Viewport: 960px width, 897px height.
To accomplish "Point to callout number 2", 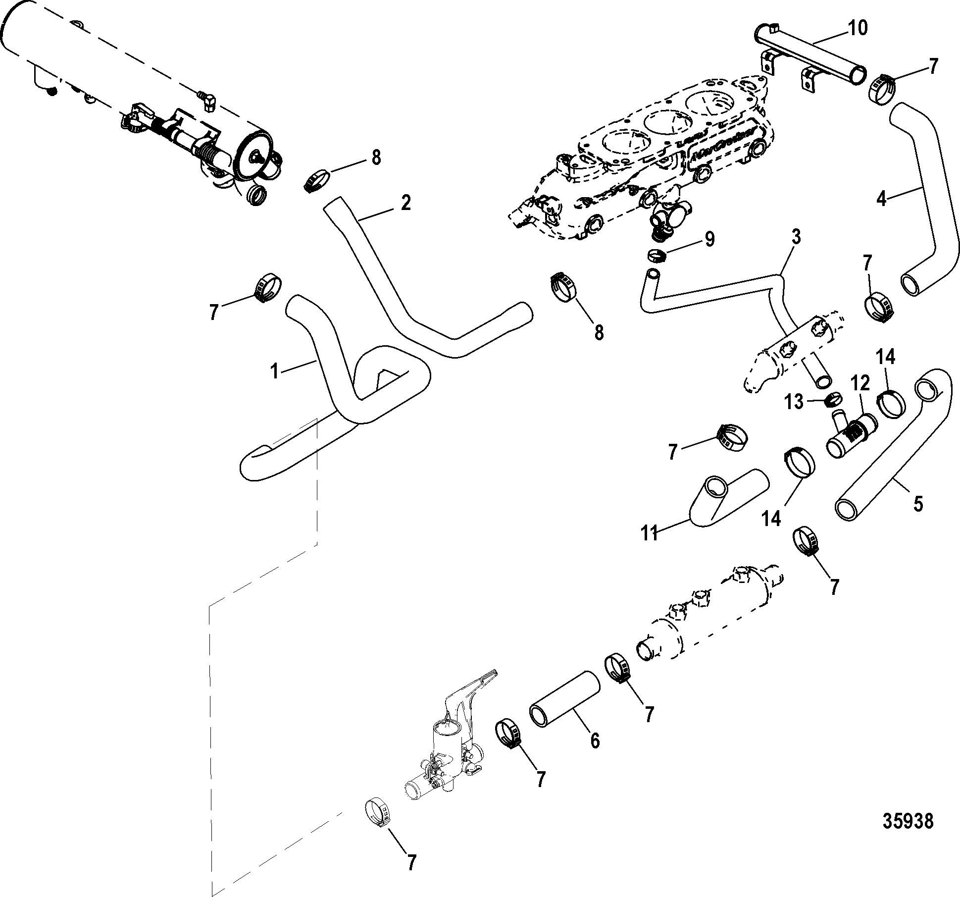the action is pyautogui.click(x=405, y=203).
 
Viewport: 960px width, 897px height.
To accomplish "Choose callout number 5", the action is pyautogui.click(x=918, y=504).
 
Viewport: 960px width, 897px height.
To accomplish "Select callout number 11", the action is pyautogui.click(x=649, y=533).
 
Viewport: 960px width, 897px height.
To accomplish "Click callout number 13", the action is pyautogui.click(x=794, y=402).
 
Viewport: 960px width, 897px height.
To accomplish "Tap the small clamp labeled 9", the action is pyautogui.click(x=656, y=256).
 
